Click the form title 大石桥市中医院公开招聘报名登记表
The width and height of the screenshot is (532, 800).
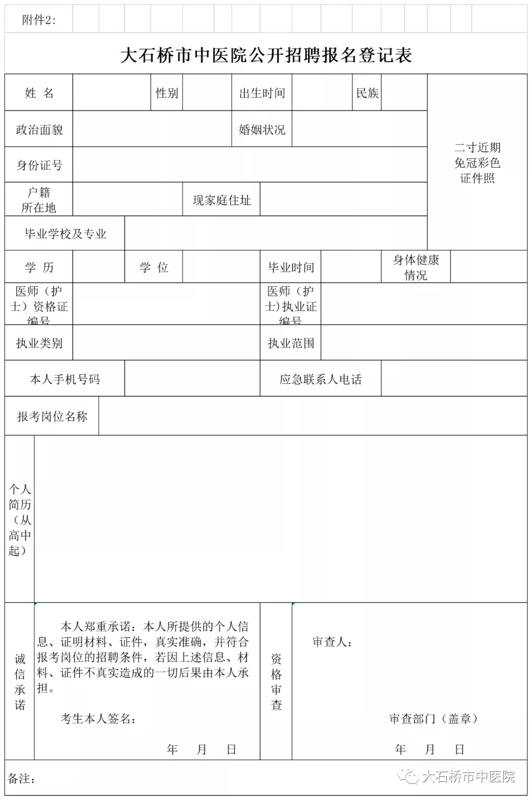tap(266, 55)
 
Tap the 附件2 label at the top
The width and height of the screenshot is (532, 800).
tap(39, 20)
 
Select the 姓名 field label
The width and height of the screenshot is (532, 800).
tap(39, 93)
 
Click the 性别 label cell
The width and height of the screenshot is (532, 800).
tap(166, 93)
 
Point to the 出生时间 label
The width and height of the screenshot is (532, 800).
tap(262, 93)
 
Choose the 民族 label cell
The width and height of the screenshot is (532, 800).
tap(367, 93)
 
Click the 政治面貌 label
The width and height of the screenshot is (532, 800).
tap(39, 129)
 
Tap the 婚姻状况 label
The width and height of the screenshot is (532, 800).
tap(262, 129)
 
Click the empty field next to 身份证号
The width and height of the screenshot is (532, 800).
tap(250, 165)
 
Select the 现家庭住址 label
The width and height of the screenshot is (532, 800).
tap(222, 200)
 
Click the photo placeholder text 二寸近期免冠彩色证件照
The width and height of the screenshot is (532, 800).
tap(477, 163)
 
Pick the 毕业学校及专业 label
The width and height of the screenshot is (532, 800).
tap(65, 233)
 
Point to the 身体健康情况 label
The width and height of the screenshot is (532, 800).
tap(416, 267)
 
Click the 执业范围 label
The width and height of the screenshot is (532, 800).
tap(291, 343)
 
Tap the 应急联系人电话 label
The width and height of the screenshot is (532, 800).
tap(321, 379)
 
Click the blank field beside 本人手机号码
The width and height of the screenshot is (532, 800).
tap(192, 379)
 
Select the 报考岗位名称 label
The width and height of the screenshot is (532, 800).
tap(52, 416)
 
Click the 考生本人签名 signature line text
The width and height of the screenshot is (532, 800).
tap(98, 718)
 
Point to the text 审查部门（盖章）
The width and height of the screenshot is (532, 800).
tap(433, 718)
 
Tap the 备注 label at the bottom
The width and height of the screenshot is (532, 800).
tap(21, 778)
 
